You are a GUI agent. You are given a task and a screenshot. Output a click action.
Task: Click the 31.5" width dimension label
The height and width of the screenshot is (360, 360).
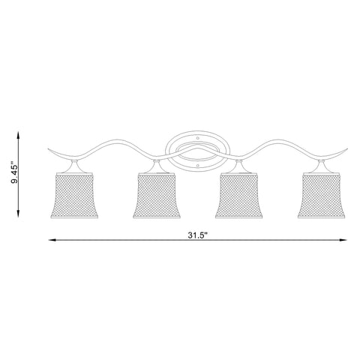(198, 235)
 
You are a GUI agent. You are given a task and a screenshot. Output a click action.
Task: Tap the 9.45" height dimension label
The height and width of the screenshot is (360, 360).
(15, 174)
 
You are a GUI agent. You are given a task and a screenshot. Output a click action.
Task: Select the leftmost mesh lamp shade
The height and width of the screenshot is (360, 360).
(74, 196)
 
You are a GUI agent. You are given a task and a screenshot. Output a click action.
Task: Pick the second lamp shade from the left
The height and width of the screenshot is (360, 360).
(157, 196)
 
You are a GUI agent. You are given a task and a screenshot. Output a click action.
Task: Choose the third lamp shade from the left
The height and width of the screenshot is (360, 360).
(238, 196)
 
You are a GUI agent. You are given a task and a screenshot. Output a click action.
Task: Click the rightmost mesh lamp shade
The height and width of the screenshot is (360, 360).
(321, 196)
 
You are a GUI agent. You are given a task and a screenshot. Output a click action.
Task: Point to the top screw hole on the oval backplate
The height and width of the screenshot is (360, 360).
(198, 138)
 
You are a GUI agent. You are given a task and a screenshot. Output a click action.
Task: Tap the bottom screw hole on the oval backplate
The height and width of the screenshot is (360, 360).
(198, 166)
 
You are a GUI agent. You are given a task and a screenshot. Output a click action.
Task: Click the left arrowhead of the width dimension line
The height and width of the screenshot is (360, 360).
(52, 240)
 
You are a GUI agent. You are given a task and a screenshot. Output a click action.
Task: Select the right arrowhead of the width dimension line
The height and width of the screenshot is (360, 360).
(343, 240)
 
